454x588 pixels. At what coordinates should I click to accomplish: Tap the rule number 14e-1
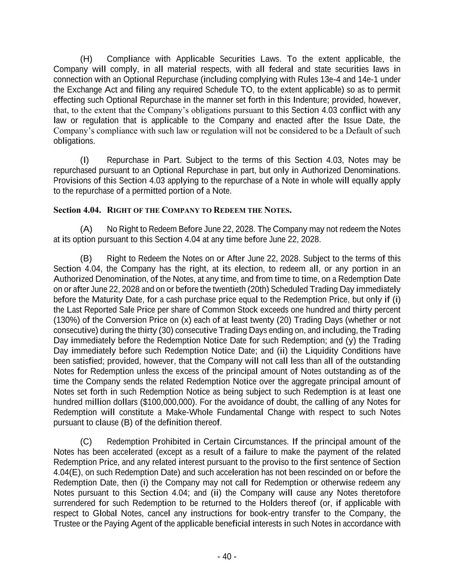369,80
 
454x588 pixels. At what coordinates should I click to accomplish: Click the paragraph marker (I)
85,161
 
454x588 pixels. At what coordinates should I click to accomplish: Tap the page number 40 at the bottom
227,557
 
